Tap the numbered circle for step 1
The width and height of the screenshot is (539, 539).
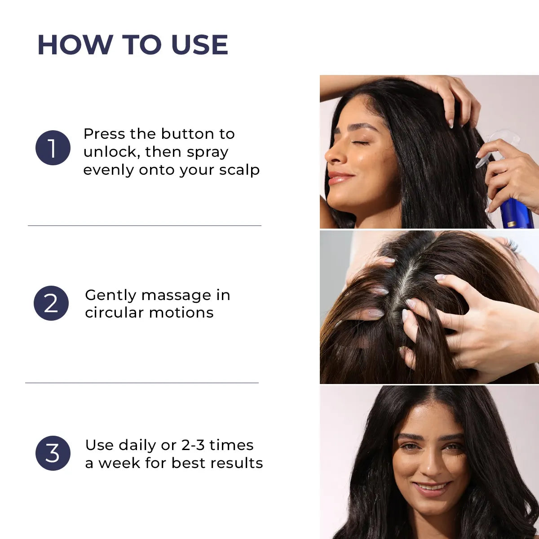53,148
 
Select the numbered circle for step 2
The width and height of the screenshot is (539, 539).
51,303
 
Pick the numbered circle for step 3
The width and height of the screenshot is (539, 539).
53,453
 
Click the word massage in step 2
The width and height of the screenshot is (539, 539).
176,295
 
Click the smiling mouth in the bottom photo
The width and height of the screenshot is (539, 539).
431,487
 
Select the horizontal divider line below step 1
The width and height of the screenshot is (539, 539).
144,225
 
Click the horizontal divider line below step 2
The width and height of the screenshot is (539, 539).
142,383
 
